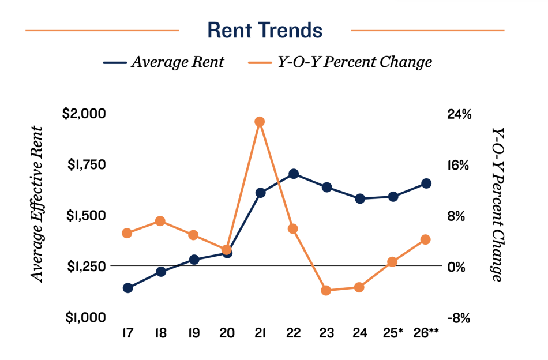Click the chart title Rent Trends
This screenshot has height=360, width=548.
(x=265, y=30)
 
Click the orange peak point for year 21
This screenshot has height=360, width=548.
(x=260, y=122)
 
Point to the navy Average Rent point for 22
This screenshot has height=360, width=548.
(x=293, y=174)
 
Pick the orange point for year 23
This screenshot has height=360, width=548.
(x=326, y=291)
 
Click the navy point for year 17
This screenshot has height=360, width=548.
(x=127, y=288)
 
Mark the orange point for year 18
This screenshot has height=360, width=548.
(x=160, y=221)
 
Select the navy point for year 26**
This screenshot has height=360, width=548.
(x=426, y=183)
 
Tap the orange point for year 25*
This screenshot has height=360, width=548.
(x=393, y=262)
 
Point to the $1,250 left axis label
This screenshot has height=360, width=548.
(x=84, y=267)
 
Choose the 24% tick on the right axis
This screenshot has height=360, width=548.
(x=459, y=114)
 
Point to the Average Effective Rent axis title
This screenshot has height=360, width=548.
(x=37, y=204)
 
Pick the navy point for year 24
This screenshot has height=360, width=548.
(x=360, y=199)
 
